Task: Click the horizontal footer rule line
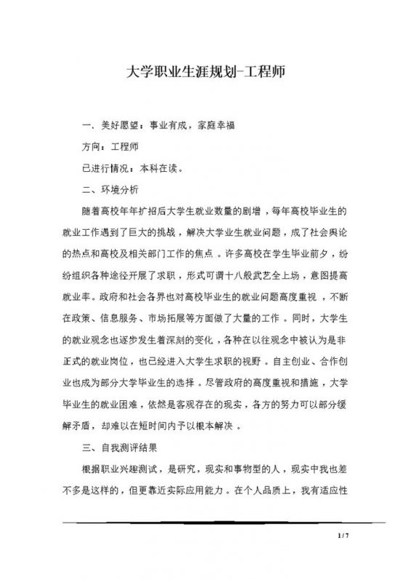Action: (x=206, y=521)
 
